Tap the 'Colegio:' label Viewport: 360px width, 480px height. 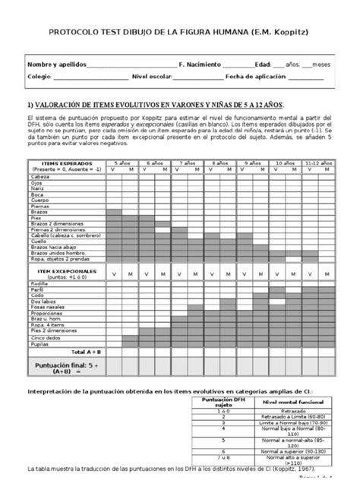(x=39, y=77)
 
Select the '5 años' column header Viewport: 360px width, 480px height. (x=122, y=163)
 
